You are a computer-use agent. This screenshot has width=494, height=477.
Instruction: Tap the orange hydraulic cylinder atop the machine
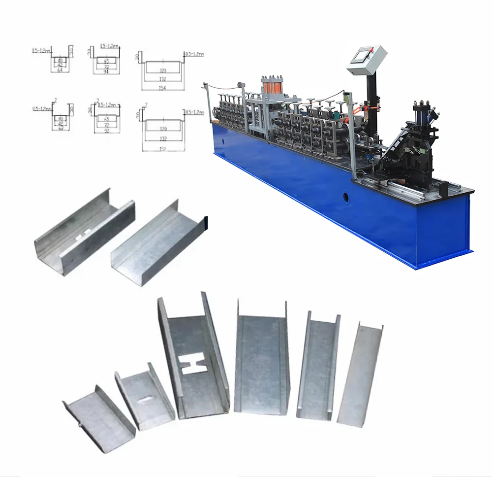point(272,89)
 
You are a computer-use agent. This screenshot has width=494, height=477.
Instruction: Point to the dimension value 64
point(61,70)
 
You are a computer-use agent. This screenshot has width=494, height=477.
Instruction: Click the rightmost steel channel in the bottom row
point(359,375)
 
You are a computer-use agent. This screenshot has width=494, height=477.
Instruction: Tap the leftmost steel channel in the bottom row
point(98,419)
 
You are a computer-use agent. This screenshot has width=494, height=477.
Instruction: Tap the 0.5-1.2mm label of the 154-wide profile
point(194,54)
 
